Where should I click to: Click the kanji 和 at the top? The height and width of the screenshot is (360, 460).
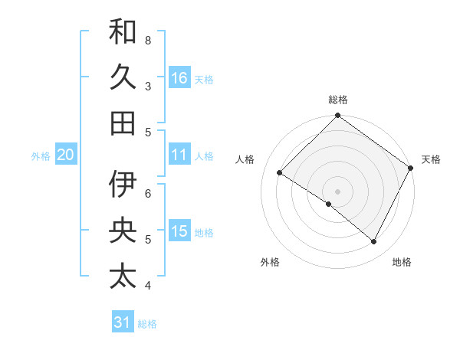point(123,32)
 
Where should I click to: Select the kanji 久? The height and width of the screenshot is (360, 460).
point(123,77)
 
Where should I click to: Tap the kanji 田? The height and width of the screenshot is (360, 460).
point(123,123)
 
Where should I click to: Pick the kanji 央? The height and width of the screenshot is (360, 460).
point(123,231)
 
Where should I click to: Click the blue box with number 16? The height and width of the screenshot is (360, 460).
point(179,77)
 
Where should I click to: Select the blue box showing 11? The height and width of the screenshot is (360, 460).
point(179,155)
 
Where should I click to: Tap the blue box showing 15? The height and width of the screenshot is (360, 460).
point(179,231)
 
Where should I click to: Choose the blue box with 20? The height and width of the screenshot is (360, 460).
point(65,155)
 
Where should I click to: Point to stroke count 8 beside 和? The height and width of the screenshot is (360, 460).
point(148,40)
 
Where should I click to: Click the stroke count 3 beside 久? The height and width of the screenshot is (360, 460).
point(148,86)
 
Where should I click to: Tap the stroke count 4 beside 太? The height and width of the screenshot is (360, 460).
point(148,286)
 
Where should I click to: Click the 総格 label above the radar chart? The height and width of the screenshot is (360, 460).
point(337,100)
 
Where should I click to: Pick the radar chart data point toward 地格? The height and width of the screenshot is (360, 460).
point(374,242)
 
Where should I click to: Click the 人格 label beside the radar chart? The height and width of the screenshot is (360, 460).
point(246,159)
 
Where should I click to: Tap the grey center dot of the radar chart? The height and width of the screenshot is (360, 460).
point(337,191)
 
